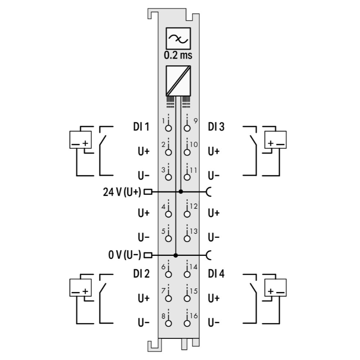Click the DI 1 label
pyautogui.click(x=141, y=127)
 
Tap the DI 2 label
pyautogui.click(x=141, y=274)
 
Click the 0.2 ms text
pyautogui.click(x=178, y=55)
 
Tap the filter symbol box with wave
pyautogui.click(x=178, y=38)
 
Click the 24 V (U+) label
pyautogui.click(x=123, y=192)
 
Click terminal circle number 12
pyautogui.click(x=187, y=214)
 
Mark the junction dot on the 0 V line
pyautogui.click(x=176, y=255)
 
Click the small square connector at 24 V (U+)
pyautogui.click(x=148, y=192)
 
